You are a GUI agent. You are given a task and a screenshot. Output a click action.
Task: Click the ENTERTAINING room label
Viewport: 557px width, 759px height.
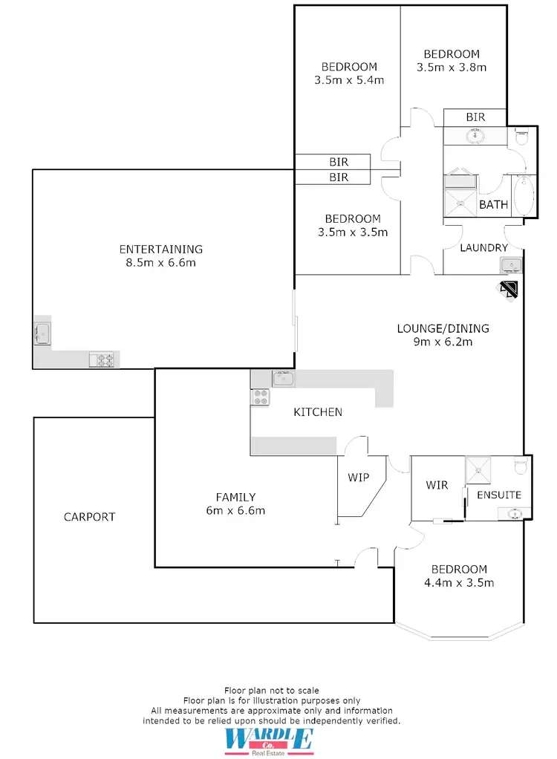(161, 249)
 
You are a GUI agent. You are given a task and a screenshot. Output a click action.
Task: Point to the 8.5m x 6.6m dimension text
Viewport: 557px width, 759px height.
(161, 262)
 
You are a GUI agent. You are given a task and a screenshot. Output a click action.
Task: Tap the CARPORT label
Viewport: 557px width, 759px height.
(89, 516)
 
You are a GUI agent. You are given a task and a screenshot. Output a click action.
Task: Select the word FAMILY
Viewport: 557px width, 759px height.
(235, 497)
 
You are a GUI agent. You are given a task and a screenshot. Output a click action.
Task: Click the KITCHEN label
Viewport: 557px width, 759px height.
(318, 411)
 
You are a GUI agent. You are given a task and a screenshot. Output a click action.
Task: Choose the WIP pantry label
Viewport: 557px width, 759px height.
(358, 478)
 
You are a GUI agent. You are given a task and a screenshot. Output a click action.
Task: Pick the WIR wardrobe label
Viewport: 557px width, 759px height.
(437, 485)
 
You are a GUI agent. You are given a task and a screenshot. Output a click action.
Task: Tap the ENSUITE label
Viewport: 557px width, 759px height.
(499, 495)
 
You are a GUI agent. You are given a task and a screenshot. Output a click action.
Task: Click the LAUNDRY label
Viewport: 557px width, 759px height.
(483, 248)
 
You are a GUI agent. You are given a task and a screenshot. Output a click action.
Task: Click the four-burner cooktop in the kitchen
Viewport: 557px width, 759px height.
(261, 397)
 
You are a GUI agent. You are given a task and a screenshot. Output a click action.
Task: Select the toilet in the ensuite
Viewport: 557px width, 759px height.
(521, 465)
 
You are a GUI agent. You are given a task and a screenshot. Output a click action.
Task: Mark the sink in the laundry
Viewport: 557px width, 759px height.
(511, 265)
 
